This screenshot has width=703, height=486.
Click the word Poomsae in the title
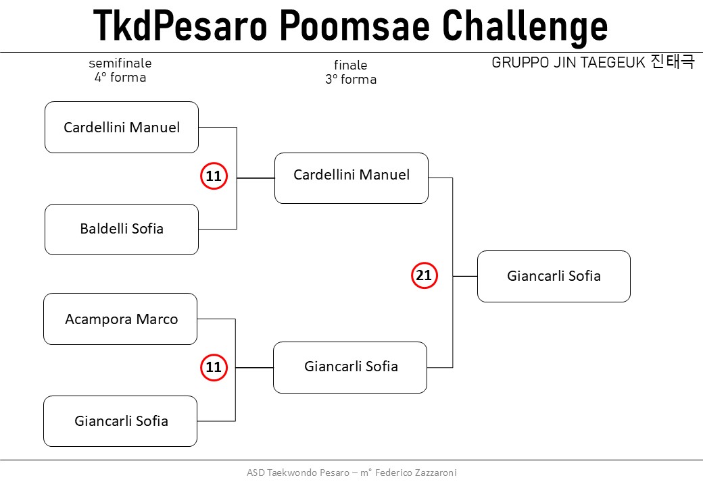pyautogui.click(x=354, y=25)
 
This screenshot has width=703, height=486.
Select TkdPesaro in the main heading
pyautogui.click(x=180, y=25)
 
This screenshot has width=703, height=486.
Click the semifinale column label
pyautogui.click(x=120, y=63)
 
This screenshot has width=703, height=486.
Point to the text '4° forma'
pyautogui.click(x=120, y=78)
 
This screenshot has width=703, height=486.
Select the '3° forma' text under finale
pyautogui.click(x=351, y=79)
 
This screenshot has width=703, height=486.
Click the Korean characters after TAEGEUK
pyautogui.click(x=673, y=61)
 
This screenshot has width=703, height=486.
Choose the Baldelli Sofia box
pyautogui.click(x=122, y=230)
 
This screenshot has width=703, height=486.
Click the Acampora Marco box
pyautogui.click(x=120, y=319)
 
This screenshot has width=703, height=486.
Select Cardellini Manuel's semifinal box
pyautogui.click(x=122, y=127)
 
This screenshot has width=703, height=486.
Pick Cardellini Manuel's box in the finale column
pyautogui.click(x=351, y=178)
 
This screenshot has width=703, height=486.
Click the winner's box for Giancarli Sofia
pyautogui.click(x=554, y=276)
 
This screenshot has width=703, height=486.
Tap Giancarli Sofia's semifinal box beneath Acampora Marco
pyautogui.click(x=120, y=421)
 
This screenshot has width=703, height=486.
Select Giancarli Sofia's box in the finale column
pyautogui.click(x=350, y=367)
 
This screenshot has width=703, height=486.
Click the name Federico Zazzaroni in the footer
pyautogui.click(x=416, y=473)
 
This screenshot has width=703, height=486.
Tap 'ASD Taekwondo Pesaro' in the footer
pyautogui.click(x=297, y=473)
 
